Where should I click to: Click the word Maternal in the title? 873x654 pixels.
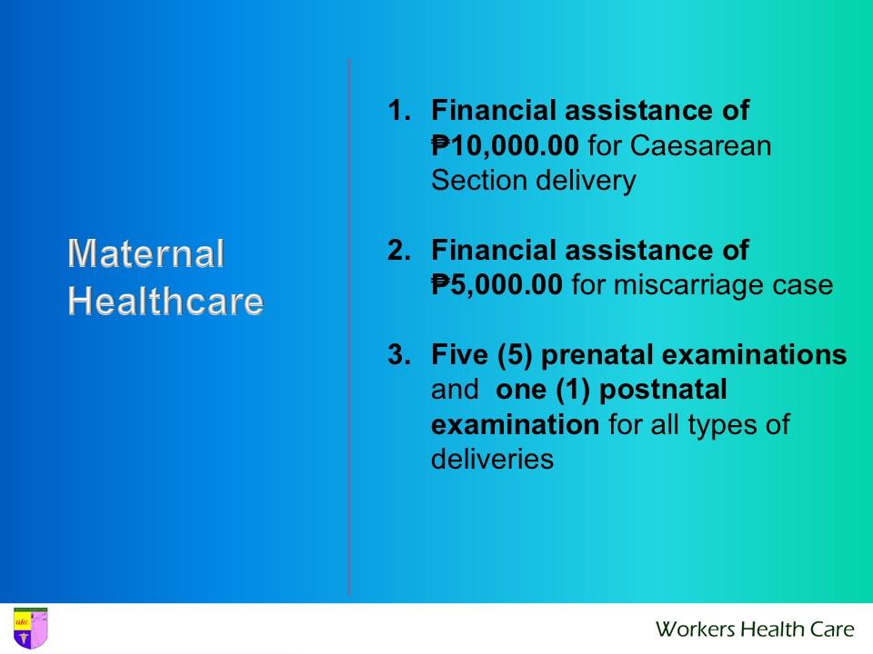click(145, 253)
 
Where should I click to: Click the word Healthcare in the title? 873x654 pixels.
click(166, 301)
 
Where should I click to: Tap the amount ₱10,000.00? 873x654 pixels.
click(505, 145)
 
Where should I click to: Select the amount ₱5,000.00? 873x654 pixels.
click(497, 285)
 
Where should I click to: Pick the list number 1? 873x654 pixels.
click(398, 111)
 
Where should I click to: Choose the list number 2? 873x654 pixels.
click(398, 250)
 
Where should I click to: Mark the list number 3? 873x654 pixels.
click(398, 354)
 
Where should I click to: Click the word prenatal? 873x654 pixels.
click(599, 354)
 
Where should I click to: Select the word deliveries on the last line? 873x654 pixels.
click(492, 460)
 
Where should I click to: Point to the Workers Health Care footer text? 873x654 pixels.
click(755, 629)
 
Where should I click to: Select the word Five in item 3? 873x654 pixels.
click(458, 354)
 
